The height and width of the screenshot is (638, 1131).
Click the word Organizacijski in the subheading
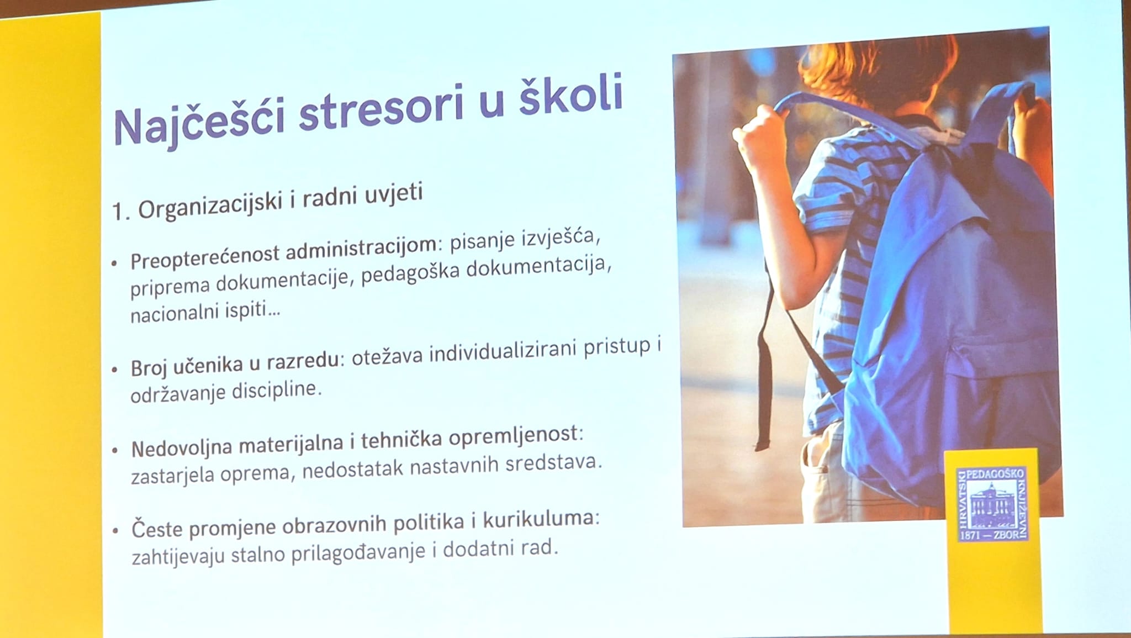pos(210,205)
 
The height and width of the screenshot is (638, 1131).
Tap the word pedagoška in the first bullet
pos(411,275)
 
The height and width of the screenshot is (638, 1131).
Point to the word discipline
pos(276,391)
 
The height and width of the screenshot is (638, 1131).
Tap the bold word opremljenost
pos(515,436)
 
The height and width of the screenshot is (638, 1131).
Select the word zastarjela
pos(172,476)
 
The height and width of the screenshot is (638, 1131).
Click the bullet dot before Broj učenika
pos(114,368)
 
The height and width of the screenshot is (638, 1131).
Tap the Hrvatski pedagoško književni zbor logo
pos(992,504)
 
